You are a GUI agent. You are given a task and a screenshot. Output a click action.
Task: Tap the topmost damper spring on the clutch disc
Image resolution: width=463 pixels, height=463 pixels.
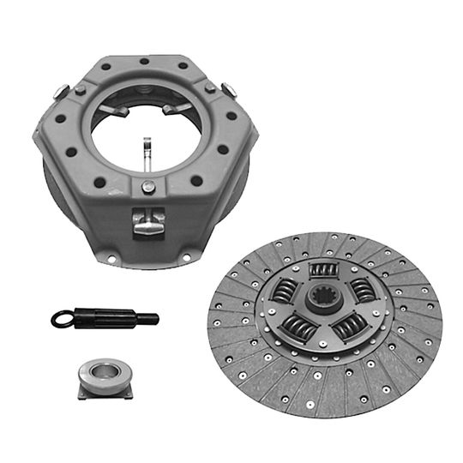pyautogui.click(x=323, y=270)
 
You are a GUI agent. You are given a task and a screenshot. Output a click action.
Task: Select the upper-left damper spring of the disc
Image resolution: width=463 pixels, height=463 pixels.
pyautogui.click(x=285, y=292)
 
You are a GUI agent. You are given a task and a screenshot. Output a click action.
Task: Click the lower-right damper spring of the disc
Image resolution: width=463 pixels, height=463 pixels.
pyautogui.click(x=349, y=326)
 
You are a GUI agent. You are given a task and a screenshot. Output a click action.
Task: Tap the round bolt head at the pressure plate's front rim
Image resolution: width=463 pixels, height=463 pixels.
pyautogui.click(x=148, y=188)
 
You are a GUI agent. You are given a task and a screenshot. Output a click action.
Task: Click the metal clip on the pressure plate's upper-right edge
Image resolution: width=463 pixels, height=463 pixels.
pyautogui.click(x=228, y=88)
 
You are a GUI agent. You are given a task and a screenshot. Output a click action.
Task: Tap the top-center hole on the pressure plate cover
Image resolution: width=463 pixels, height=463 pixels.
pyautogui.click(x=146, y=61)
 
